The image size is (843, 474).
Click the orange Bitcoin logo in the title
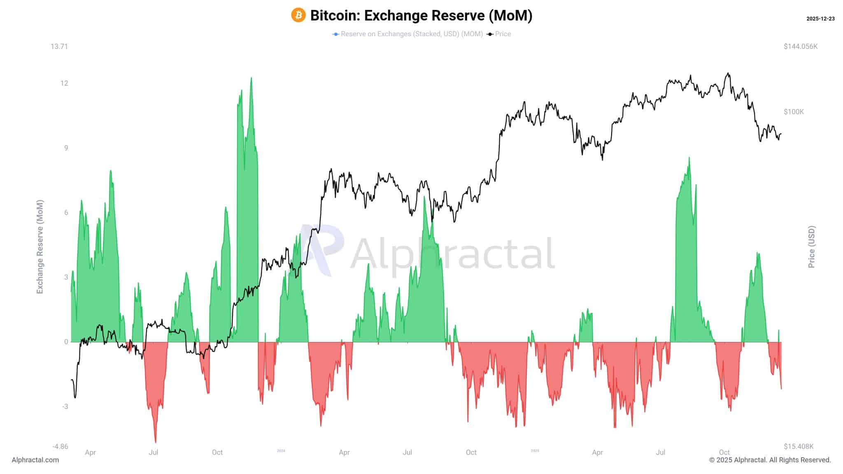[298, 15]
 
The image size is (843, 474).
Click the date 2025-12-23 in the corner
[820, 19]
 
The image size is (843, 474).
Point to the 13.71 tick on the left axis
[59, 46]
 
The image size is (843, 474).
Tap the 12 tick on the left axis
[64, 83]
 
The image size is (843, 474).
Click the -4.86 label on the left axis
[60, 446]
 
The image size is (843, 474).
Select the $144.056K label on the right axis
[801, 46]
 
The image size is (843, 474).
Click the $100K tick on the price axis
[794, 112]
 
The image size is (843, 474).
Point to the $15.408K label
[799, 446]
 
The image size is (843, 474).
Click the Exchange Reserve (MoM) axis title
[40, 247]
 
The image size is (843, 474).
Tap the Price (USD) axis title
[811, 247]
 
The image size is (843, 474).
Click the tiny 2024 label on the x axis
[281, 451]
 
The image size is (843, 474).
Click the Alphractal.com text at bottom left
[35, 460]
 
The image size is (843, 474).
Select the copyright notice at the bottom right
[770, 460]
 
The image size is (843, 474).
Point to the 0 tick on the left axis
[66, 342]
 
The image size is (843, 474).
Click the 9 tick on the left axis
[66, 148]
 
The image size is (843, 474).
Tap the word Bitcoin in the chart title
[334, 15]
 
